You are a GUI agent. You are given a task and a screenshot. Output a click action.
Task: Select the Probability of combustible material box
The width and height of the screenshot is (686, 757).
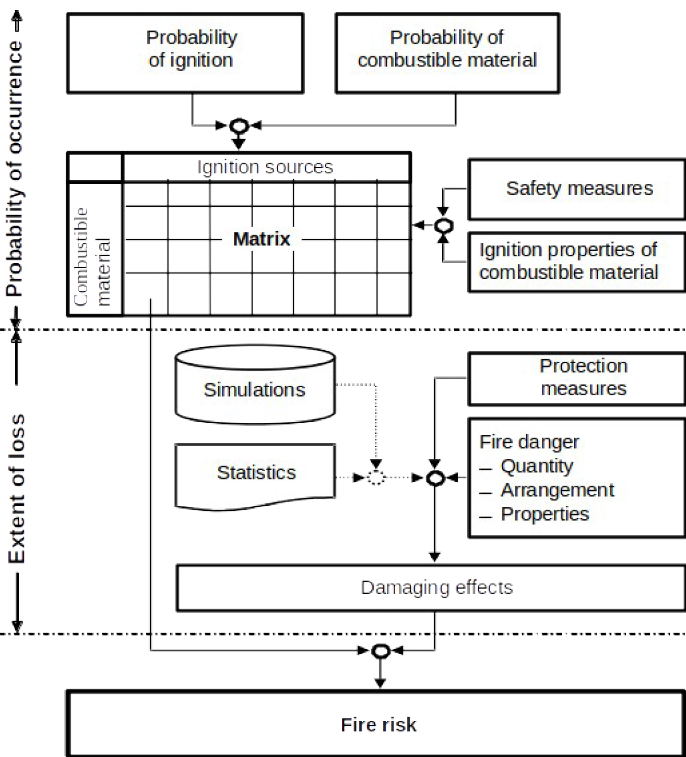446,49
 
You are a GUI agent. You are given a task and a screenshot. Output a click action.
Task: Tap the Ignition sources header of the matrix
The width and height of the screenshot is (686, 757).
265,168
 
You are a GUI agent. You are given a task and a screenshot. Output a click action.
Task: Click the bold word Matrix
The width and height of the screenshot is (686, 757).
262,240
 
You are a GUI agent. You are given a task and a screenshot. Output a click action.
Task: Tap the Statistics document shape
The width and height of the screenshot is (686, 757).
255,473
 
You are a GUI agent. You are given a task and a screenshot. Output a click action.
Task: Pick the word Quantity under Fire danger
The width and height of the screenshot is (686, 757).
537,467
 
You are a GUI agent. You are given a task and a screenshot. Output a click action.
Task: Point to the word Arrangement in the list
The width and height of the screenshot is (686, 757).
557,490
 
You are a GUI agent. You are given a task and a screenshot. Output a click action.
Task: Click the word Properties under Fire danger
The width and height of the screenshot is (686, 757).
544,514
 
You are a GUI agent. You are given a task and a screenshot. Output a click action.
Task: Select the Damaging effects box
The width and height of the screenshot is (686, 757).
436,588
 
